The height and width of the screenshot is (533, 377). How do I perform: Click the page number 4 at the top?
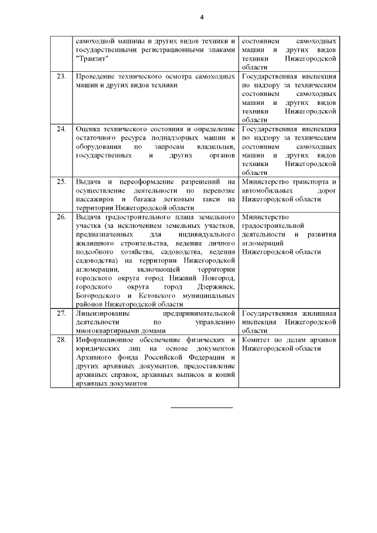click(201, 17)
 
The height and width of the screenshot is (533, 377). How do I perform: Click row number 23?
click(61, 77)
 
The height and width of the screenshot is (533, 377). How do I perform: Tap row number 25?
click(61, 181)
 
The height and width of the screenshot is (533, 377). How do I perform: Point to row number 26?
click(61, 217)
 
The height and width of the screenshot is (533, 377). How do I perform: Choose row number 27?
click(61, 313)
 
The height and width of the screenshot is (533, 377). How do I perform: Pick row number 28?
click(61, 340)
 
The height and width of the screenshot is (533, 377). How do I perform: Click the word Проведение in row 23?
click(96, 77)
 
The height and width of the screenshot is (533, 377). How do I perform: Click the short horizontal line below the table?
click(202, 407)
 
